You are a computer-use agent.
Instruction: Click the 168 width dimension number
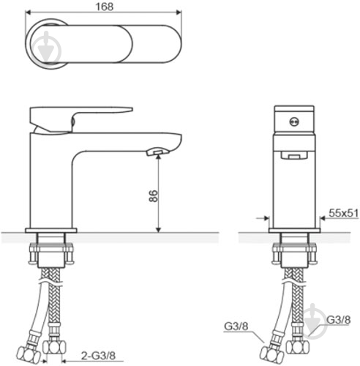[x=105, y=7]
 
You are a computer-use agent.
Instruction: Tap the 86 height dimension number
[x=154, y=195]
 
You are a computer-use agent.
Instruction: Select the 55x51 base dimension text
[x=344, y=213]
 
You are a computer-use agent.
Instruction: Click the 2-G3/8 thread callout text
[x=99, y=356]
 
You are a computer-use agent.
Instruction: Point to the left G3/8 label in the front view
[x=236, y=326]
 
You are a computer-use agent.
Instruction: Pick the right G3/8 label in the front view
[x=339, y=320]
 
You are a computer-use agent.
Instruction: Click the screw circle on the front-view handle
[x=294, y=122]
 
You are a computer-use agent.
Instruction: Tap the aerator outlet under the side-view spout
[x=157, y=152]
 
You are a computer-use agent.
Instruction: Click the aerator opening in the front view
[x=294, y=155]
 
